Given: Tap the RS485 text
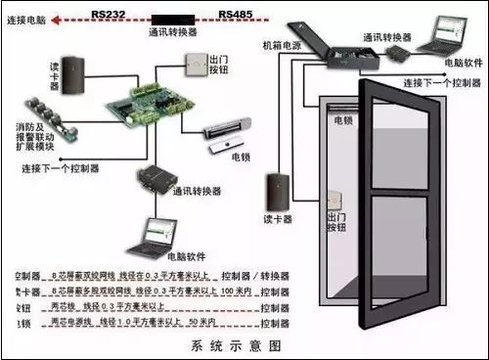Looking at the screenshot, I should [x=239, y=16].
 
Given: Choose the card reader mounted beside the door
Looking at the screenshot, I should [x=275, y=189].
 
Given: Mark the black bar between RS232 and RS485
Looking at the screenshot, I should [x=173, y=16].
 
